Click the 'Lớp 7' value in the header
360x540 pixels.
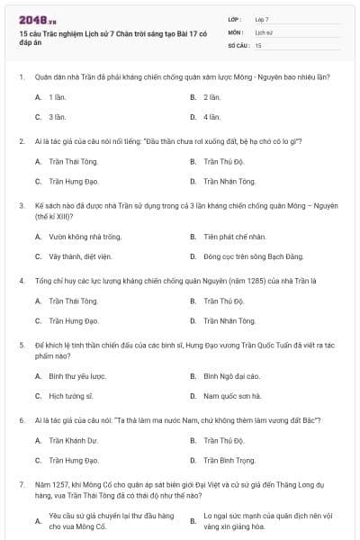[x=261, y=19]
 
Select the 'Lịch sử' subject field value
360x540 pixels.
[x=263, y=31]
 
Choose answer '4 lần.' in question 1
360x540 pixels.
[x=211, y=117]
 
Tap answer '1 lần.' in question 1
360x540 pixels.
[x=57, y=96]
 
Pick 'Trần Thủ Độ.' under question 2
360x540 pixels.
[x=223, y=161]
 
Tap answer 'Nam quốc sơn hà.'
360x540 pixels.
[x=231, y=396]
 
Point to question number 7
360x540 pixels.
[x=21, y=485]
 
